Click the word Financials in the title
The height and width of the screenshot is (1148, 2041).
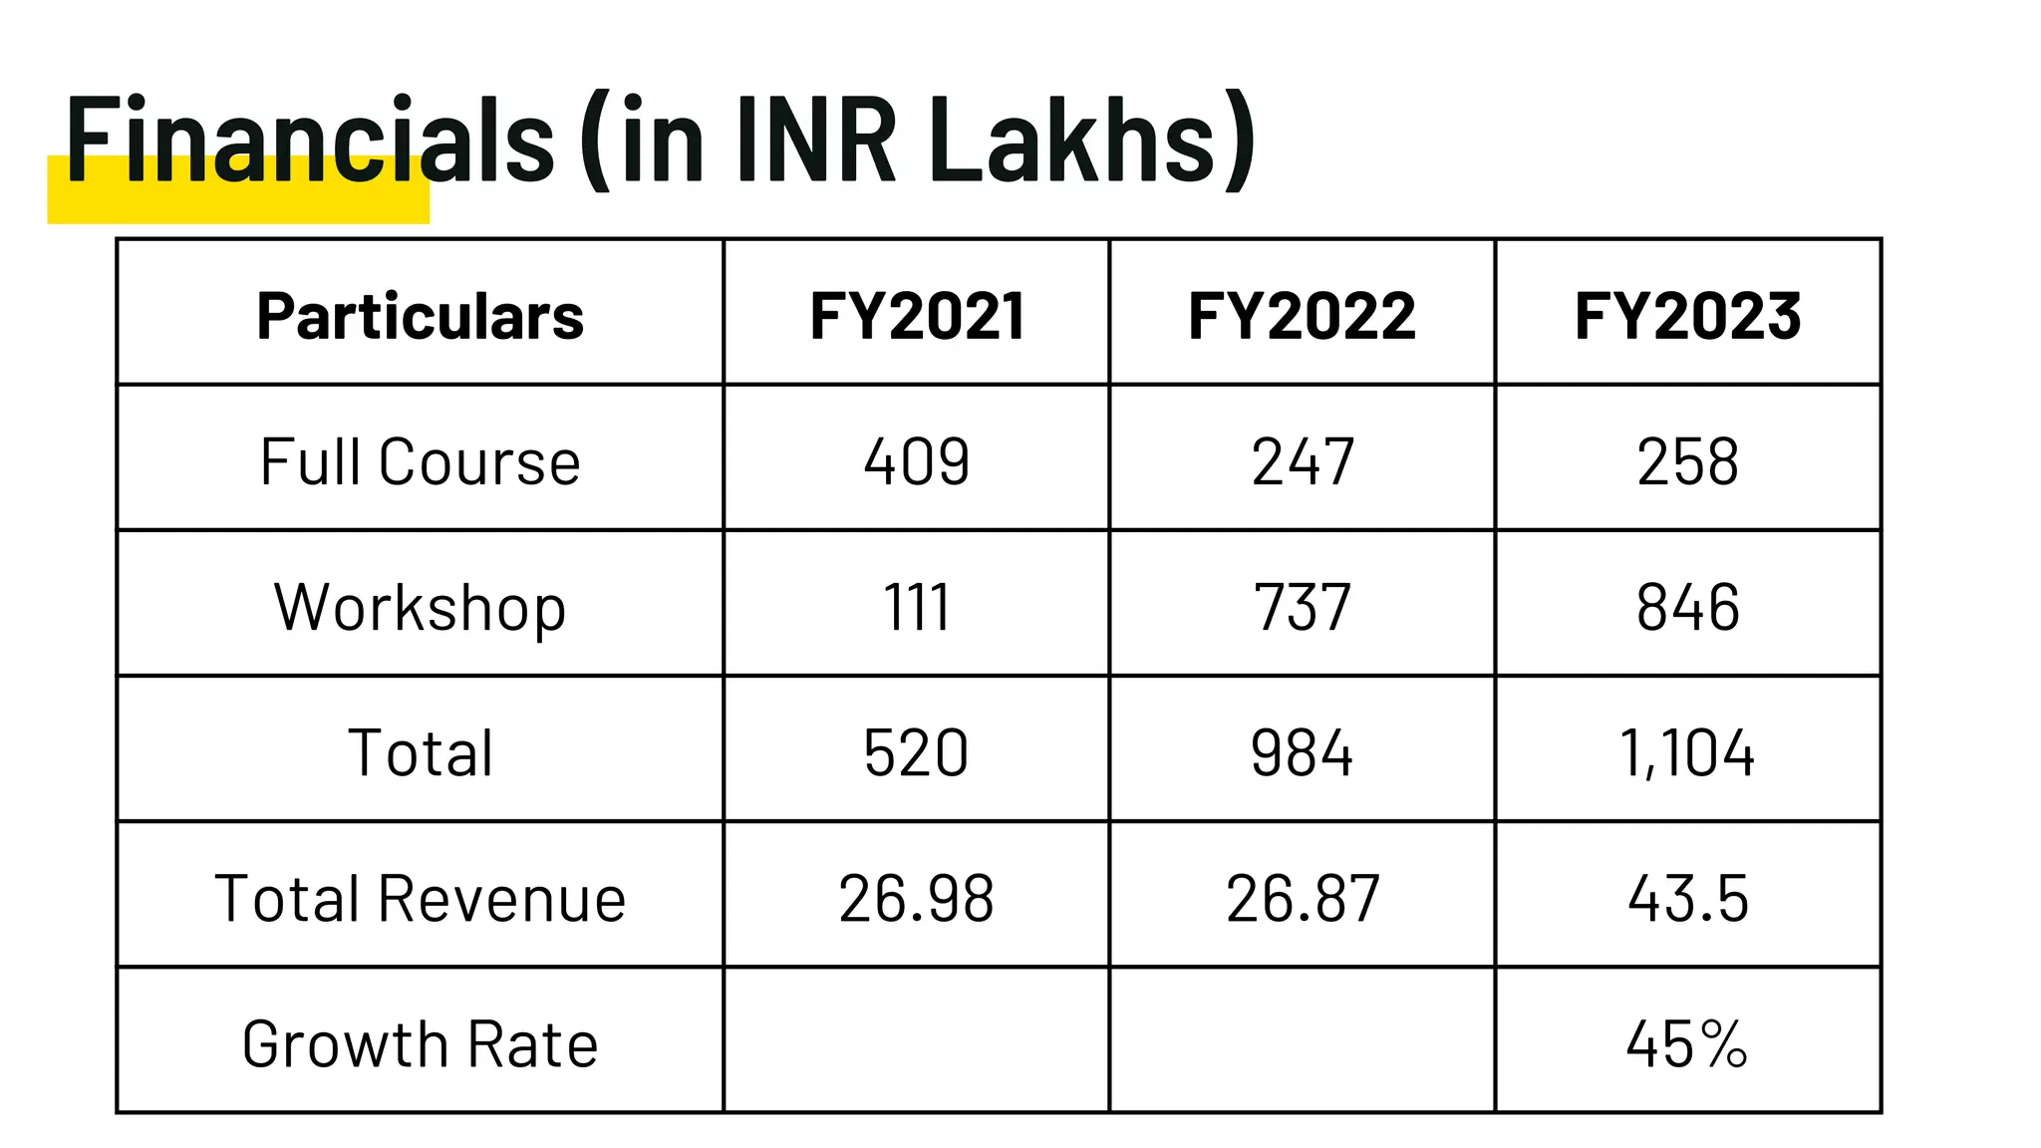309,140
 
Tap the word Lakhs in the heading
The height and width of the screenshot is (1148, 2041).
1072,140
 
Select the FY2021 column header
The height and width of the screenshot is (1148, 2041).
917,316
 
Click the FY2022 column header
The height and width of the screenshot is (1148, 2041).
1302,316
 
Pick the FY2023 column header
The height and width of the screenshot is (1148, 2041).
1687,316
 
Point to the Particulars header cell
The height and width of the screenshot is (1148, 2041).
420,316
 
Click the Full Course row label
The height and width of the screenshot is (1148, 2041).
420,461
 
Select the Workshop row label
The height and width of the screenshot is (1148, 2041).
420,607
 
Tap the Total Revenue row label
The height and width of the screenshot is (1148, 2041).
420,898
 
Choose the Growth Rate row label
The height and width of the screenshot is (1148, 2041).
420,1043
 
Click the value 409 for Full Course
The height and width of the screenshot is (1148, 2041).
917,461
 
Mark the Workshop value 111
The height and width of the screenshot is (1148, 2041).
917,607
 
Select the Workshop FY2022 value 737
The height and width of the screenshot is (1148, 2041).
1302,607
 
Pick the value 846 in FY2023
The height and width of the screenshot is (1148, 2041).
1687,607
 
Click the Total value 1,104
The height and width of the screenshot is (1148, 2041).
1687,752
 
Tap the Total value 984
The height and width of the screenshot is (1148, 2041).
1302,752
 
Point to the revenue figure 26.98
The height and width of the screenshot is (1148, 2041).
917,898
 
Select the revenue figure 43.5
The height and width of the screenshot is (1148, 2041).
1687,898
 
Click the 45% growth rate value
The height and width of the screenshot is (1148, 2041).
1687,1043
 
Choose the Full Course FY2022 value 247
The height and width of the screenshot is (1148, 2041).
1302,461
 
